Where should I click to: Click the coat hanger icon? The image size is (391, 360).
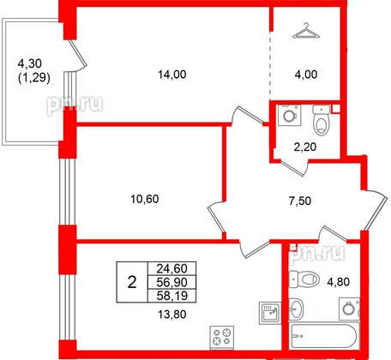coord(305,33)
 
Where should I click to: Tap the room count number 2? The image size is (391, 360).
coord(130,280)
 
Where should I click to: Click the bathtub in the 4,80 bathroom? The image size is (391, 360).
coord(322,340)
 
